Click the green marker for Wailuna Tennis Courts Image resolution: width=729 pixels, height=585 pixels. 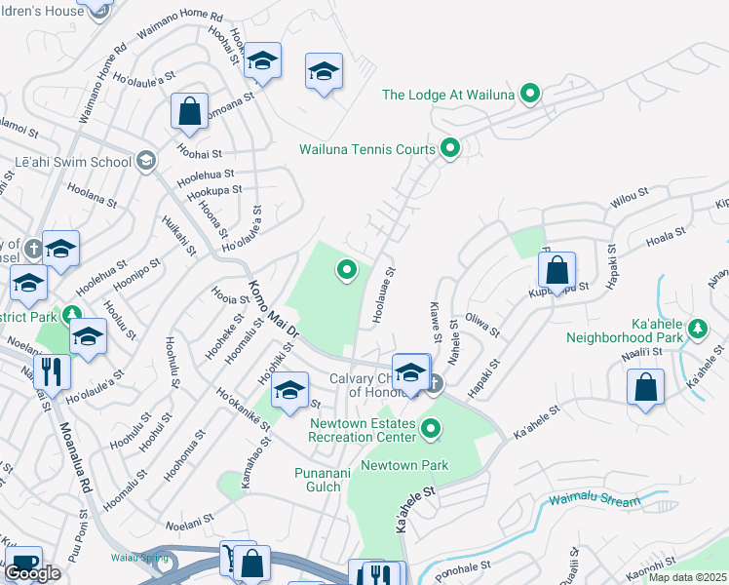click(450, 148)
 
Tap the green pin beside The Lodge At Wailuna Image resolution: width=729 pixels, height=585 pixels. click(530, 94)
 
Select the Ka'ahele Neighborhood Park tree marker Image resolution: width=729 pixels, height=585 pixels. click(698, 328)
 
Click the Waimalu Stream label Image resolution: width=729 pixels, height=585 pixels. click(595, 503)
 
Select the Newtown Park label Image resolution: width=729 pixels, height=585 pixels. click(404, 465)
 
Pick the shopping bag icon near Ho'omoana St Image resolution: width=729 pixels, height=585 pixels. click(189, 111)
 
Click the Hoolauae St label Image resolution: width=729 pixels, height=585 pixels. click(382, 296)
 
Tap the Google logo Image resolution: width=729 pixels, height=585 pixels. click(33, 573)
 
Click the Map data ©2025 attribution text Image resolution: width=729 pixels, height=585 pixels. click(687, 577)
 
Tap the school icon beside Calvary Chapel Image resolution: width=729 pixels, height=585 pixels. click(411, 372)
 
